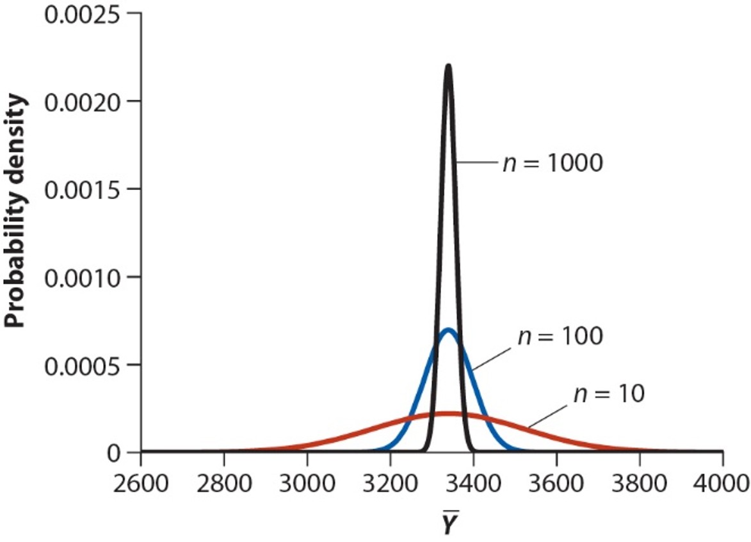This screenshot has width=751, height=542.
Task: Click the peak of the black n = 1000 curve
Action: coord(448,65)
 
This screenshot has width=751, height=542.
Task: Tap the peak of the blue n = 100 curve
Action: coord(449,330)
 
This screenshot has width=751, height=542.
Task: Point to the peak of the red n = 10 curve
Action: coord(449,413)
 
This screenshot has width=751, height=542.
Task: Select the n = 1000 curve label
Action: coord(553,163)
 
